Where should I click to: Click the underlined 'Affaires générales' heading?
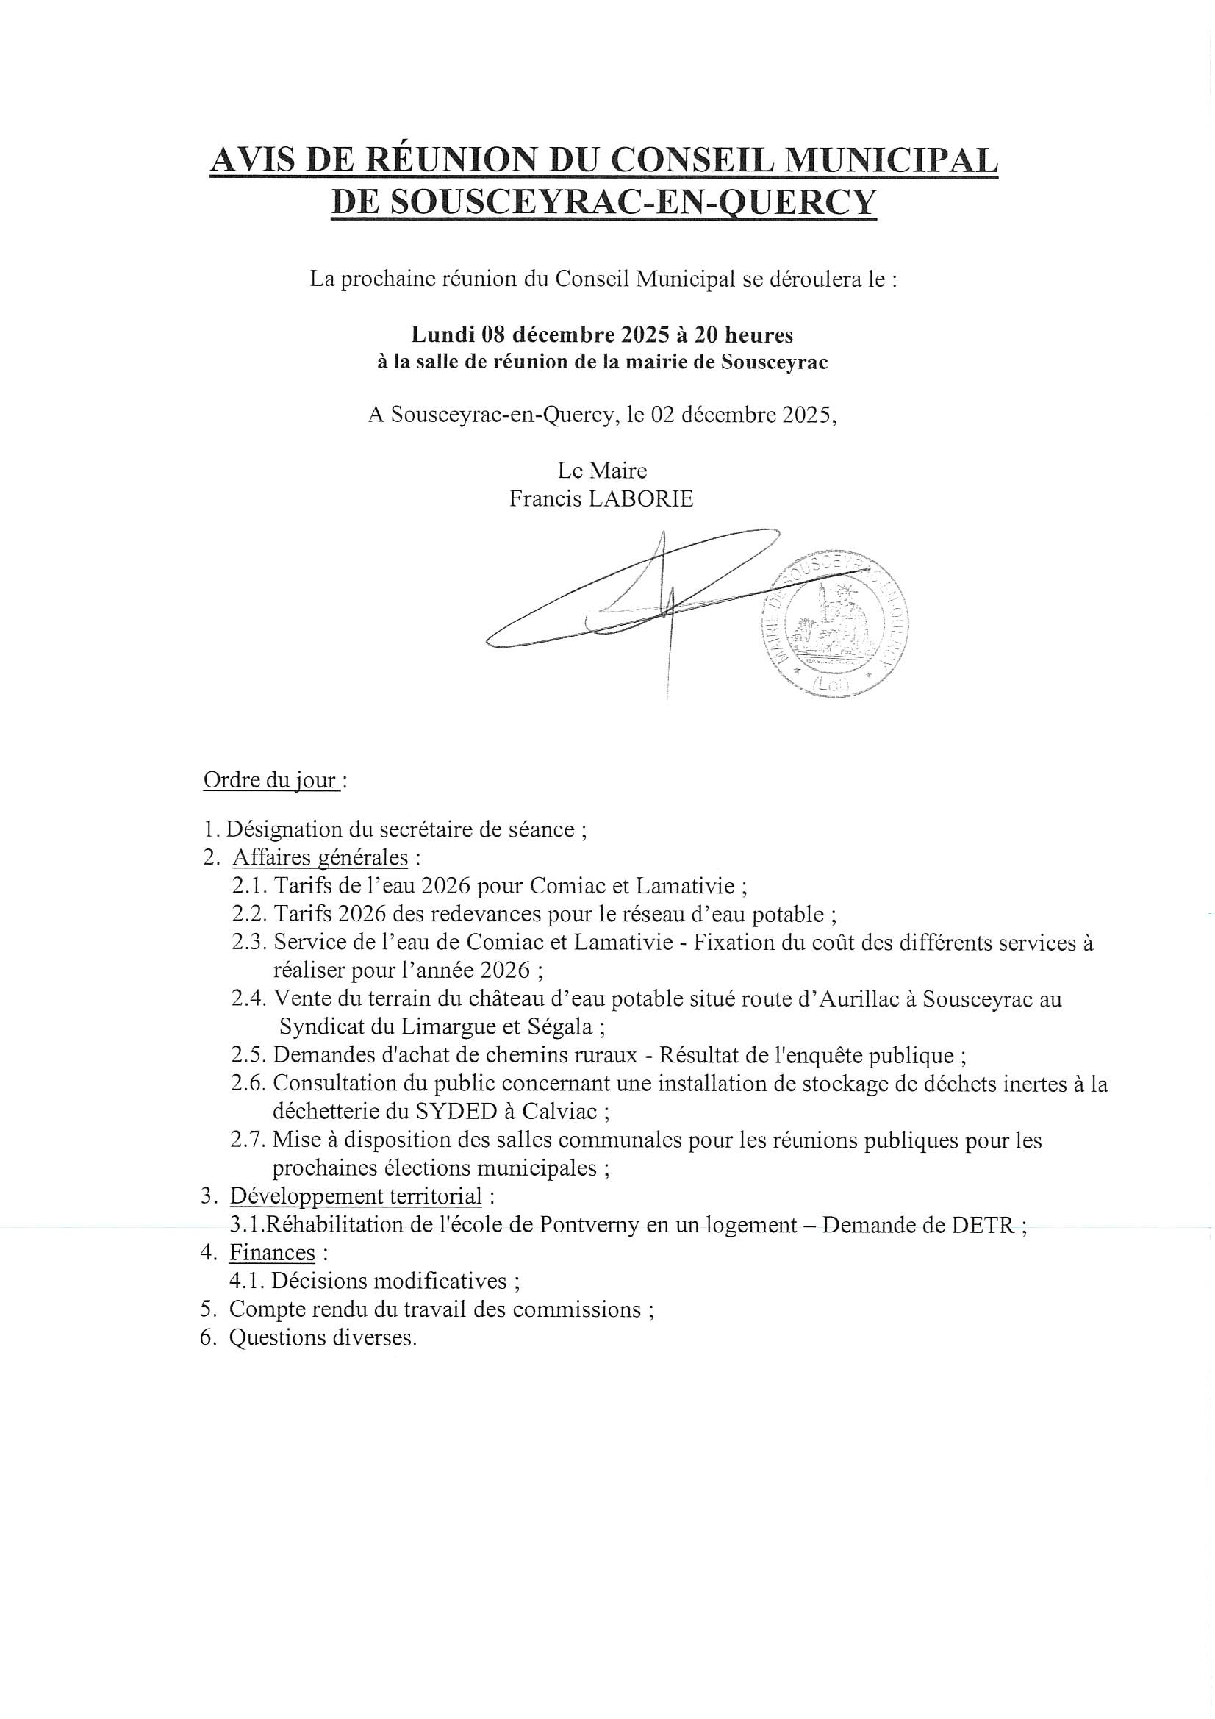[x=320, y=857]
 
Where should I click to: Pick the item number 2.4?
[x=248, y=998]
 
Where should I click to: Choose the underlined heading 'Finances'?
[x=272, y=1253]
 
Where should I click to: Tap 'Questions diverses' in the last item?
[x=323, y=1338]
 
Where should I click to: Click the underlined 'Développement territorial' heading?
[x=356, y=1196]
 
